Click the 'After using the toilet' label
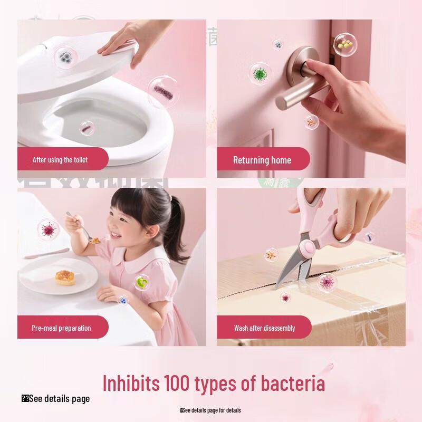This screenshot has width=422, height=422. (x=60, y=159)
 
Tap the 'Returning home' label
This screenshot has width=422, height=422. (x=262, y=160)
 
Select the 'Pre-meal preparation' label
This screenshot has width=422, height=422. (x=61, y=328)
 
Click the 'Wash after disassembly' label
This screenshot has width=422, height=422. (x=264, y=328)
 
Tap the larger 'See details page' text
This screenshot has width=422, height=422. (x=59, y=399)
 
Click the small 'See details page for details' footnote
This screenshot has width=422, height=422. (x=211, y=410)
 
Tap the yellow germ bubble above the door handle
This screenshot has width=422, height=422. (x=345, y=45)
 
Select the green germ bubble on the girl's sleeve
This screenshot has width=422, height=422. (x=141, y=283)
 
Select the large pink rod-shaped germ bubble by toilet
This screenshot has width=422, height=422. (x=162, y=92)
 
